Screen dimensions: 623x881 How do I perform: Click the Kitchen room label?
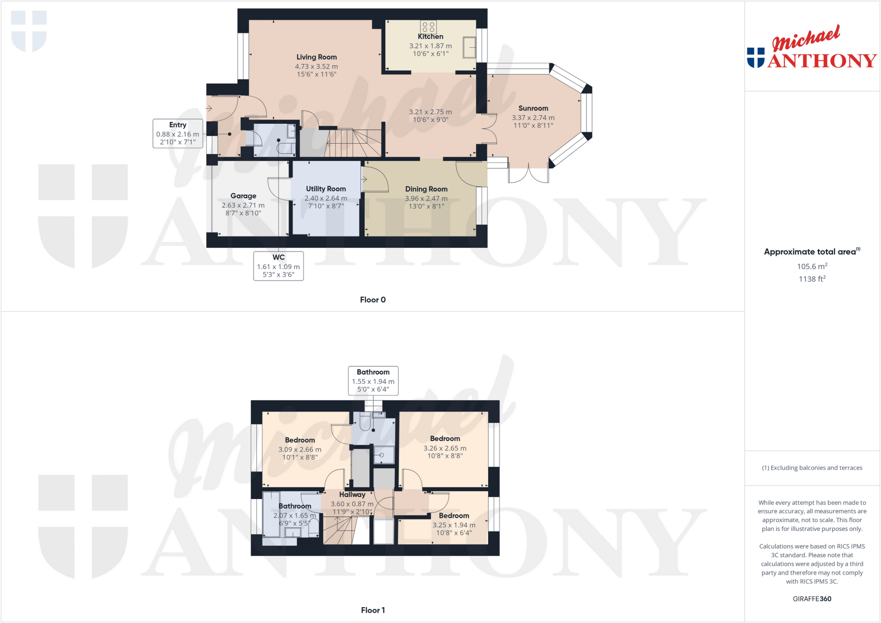[430, 37]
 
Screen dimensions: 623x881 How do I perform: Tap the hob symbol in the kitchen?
[428, 27]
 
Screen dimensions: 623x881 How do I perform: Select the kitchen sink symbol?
[469, 47]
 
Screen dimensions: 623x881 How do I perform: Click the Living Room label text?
[317, 57]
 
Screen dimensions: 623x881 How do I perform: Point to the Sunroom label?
[533, 108]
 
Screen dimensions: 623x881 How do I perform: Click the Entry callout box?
[178, 133]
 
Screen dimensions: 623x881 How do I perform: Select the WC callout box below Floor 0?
[278, 266]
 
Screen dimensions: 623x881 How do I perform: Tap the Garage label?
[243, 196]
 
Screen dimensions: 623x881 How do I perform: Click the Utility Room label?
[326, 189]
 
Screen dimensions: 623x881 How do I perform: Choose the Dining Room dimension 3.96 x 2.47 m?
[426, 199]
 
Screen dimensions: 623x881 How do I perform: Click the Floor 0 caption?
[373, 300]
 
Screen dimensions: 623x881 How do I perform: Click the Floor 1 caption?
[373, 610]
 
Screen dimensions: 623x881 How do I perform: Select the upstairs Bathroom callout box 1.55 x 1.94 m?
[373, 381]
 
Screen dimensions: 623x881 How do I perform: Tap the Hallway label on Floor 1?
[352, 495]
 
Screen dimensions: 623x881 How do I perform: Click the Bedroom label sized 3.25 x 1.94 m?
[454, 516]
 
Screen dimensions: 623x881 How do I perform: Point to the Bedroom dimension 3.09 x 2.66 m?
[299, 450]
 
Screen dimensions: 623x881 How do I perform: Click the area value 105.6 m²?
[812, 266]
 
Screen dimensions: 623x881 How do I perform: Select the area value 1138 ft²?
[812, 279]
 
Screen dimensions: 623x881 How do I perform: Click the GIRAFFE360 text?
[812, 599]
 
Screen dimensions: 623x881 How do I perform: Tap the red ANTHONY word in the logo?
[822, 61]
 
